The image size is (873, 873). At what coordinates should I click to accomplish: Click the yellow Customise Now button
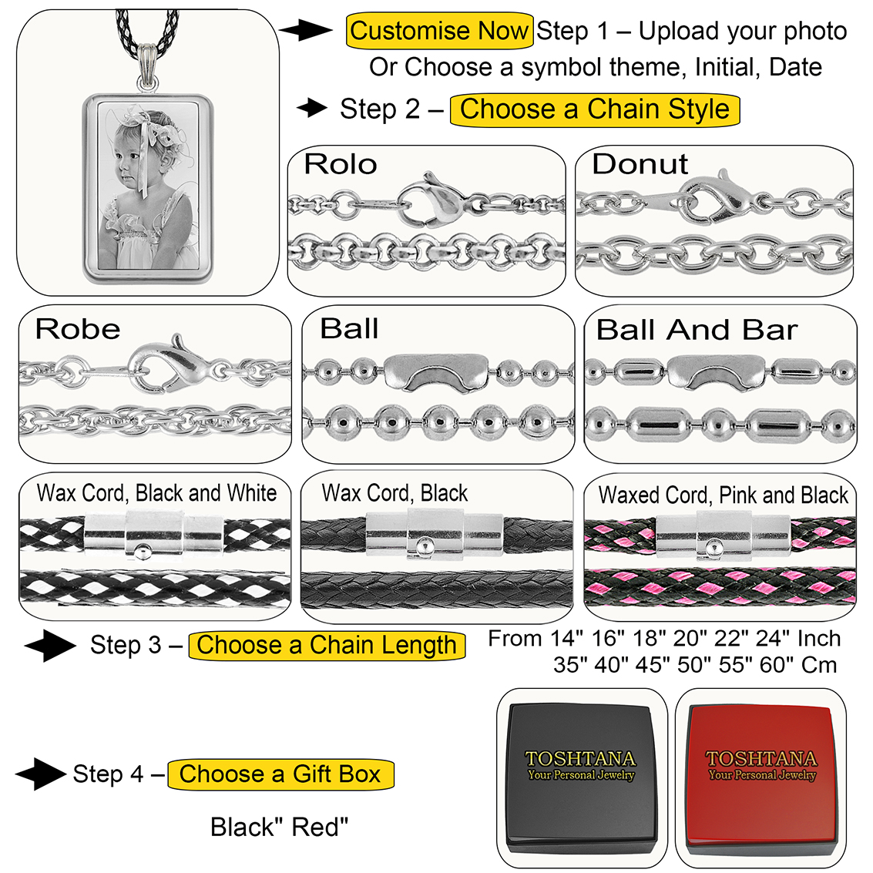pyautogui.click(x=439, y=32)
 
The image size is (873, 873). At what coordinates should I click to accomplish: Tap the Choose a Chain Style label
pyautogui.click(x=594, y=109)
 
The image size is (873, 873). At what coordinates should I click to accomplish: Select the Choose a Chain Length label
pyautogui.click(x=327, y=646)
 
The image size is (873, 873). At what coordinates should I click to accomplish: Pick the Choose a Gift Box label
pyautogui.click(x=280, y=774)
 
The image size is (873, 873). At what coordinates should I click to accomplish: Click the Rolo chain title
pyautogui.click(x=340, y=164)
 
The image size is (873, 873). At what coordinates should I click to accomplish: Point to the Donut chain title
pyautogui.click(x=640, y=164)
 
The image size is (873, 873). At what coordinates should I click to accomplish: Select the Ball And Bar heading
pyautogui.click(x=697, y=330)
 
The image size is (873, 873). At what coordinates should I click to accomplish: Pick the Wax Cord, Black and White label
pyautogui.click(x=157, y=493)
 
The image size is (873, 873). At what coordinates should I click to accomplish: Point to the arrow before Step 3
pyautogui.click(x=49, y=646)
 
